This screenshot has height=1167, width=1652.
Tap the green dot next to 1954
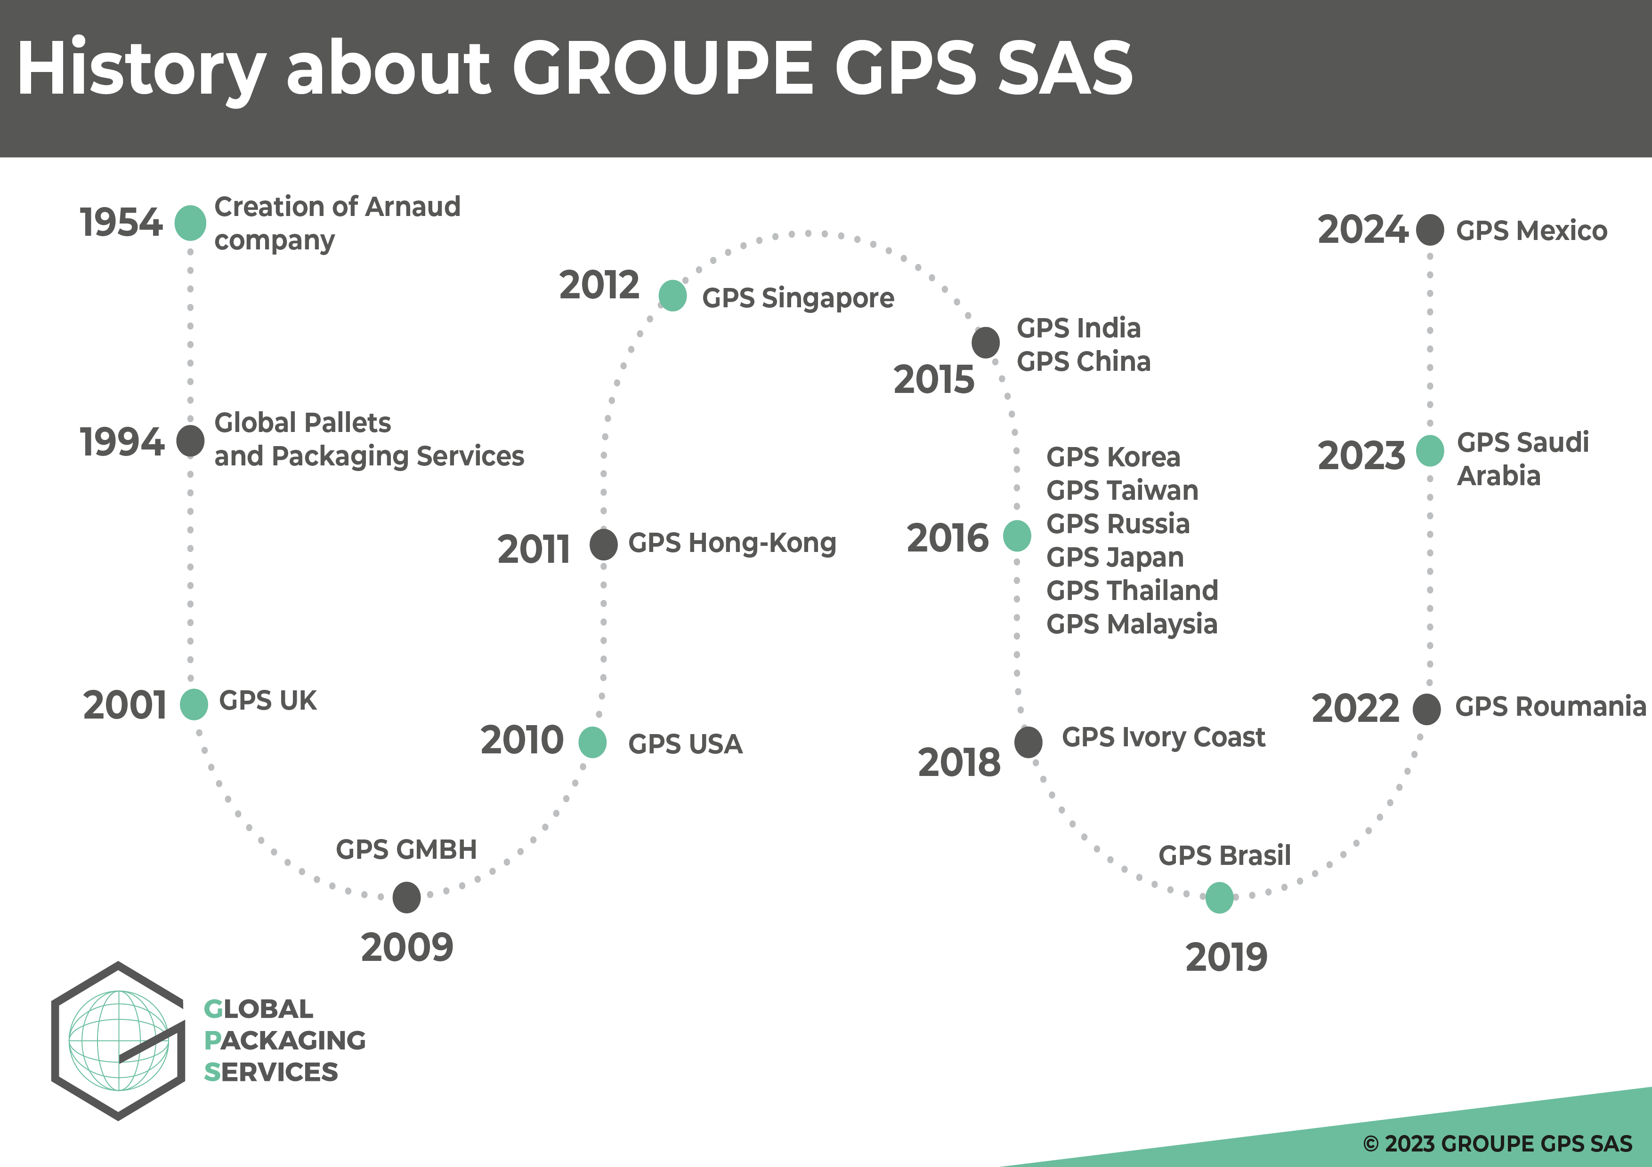[x=190, y=223]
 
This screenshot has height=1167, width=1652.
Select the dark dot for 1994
[x=190, y=441]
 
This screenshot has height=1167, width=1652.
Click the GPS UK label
[x=267, y=700]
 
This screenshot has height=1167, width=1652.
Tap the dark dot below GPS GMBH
[x=406, y=897]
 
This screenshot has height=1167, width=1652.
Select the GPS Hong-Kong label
[x=732, y=543]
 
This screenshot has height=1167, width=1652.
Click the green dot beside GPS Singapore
[x=672, y=296]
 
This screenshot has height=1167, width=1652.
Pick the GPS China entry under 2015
[x=1083, y=361]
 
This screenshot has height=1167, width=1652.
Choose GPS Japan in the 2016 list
[x=1115, y=557]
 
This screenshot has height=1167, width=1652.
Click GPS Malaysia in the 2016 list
[x=1131, y=624]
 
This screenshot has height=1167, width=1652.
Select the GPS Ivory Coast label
[x=1163, y=737]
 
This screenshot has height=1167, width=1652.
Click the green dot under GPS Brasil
[x=1219, y=897]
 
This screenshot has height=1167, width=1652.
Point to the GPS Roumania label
[x=1550, y=706]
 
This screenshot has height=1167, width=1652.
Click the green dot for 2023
[x=1430, y=451]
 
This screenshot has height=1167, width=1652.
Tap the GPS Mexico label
[x=1531, y=231]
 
